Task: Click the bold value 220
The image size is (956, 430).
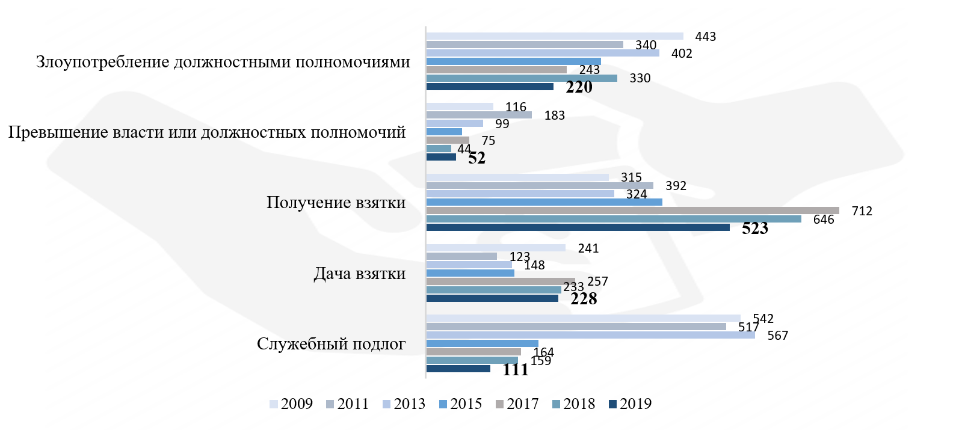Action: point(579,87)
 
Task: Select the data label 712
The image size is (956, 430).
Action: point(862,211)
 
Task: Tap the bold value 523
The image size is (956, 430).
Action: point(754,229)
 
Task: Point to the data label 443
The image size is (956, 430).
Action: point(705,37)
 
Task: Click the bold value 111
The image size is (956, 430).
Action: point(516,369)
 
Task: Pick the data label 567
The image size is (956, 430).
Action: point(777,336)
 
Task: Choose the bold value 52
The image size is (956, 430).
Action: point(476,158)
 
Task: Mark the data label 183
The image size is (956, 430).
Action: point(554,115)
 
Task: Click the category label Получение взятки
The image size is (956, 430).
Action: point(336,203)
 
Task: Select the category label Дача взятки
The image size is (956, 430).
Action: point(359,274)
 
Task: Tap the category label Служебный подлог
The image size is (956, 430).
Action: point(331,344)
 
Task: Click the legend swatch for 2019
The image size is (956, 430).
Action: point(613,404)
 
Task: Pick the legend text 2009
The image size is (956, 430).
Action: point(297,404)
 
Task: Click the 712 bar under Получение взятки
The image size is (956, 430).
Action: point(632,210)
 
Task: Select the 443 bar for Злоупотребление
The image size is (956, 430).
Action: point(554,36)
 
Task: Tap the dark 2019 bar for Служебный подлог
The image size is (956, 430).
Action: point(458,369)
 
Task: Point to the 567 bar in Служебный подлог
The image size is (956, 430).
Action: point(590,335)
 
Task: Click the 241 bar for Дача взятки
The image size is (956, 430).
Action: point(495,248)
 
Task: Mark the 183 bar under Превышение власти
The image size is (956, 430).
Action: point(478,115)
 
